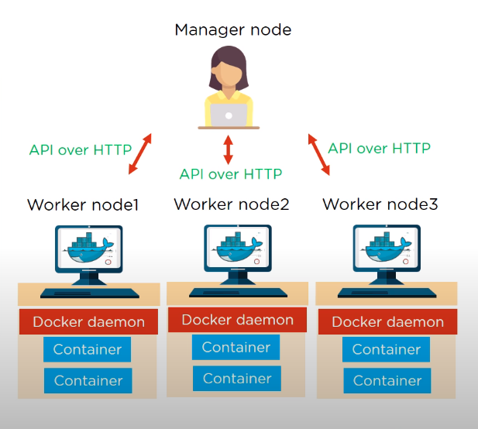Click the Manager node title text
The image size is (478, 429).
pyautogui.click(x=232, y=30)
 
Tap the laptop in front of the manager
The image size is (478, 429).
pyautogui.click(x=229, y=115)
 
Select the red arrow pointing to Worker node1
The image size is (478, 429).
pyautogui.click(x=140, y=152)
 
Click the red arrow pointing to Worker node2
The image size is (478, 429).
pyautogui.click(x=228, y=149)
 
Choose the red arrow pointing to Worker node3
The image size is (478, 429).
pyautogui.click(x=319, y=154)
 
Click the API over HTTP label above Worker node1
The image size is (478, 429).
pyautogui.click(x=81, y=149)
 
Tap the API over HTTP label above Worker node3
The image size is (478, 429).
pyautogui.click(x=379, y=147)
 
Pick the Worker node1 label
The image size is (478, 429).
pyautogui.click(x=83, y=205)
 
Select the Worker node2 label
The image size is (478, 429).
pyautogui.click(x=232, y=204)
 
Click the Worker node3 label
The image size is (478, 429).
pyautogui.click(x=380, y=204)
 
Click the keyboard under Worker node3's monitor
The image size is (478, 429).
pyautogui.click(x=387, y=293)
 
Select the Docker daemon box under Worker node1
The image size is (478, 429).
pyautogui.click(x=88, y=321)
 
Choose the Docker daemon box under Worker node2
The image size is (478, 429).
pyautogui.click(x=237, y=320)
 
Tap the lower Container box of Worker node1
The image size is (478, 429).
pyautogui.click(x=88, y=380)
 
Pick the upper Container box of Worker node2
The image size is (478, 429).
pyautogui.click(x=236, y=348)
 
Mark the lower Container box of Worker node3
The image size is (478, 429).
pyautogui.click(x=387, y=380)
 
